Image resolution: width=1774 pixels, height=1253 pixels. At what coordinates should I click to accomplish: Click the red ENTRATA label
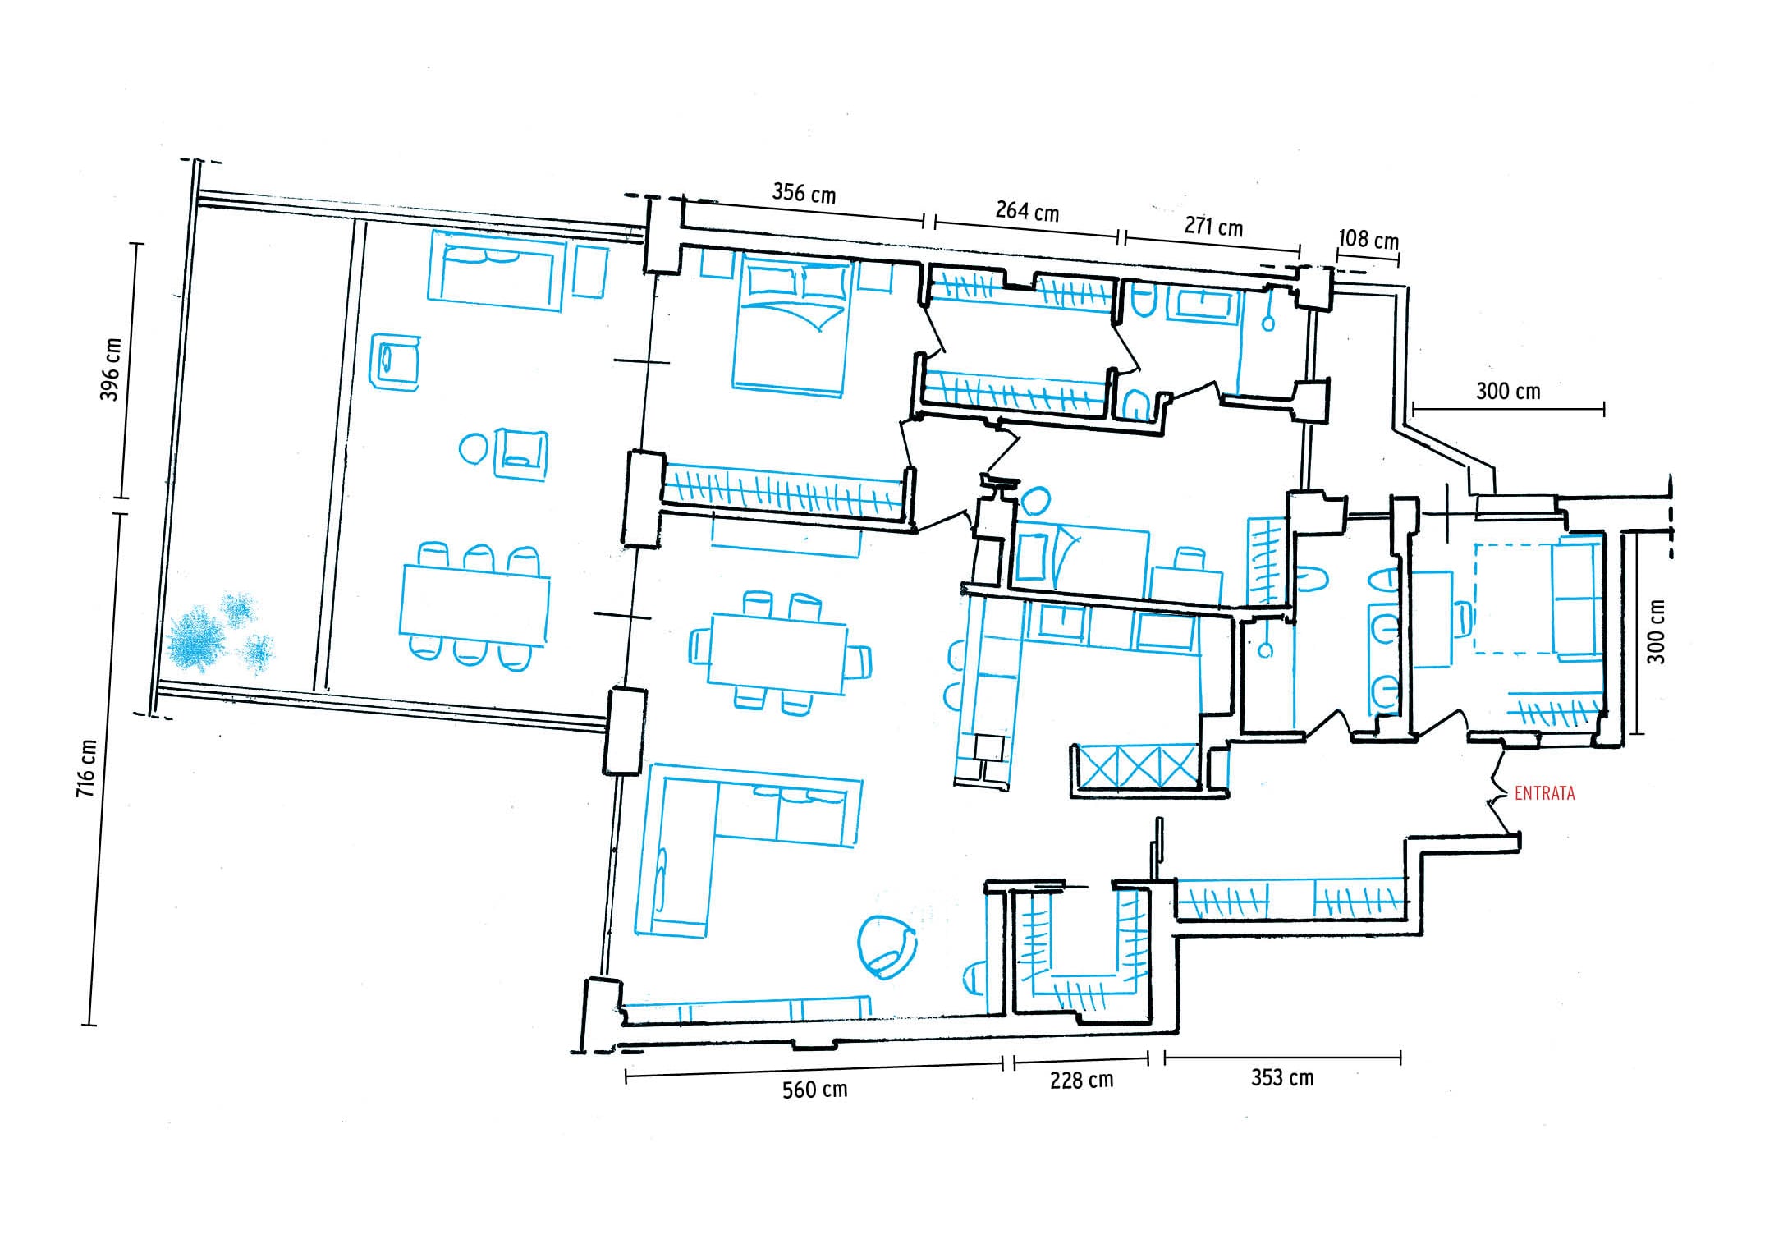tap(1544, 794)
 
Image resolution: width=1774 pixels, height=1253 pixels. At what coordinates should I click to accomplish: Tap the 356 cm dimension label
tap(804, 194)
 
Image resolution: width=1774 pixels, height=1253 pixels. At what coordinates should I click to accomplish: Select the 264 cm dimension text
tap(1027, 211)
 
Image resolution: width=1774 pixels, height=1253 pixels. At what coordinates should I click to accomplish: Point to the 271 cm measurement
tap(1213, 226)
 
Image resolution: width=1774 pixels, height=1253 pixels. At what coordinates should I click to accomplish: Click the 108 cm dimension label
tap(1368, 239)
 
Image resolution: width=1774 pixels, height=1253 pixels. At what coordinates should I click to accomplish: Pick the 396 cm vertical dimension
tap(110, 369)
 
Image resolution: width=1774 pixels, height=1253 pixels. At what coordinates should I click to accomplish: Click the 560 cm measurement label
tap(814, 1090)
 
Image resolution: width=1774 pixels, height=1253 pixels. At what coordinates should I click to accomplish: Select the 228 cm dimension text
tap(1081, 1080)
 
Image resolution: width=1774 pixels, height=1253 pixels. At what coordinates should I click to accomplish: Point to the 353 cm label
tap(1282, 1077)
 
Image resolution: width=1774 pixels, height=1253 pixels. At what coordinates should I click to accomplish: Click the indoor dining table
tap(777, 653)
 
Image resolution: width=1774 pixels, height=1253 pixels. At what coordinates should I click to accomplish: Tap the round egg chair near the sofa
tap(887, 945)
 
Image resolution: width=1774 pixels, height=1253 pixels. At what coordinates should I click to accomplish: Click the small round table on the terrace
tap(474, 448)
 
